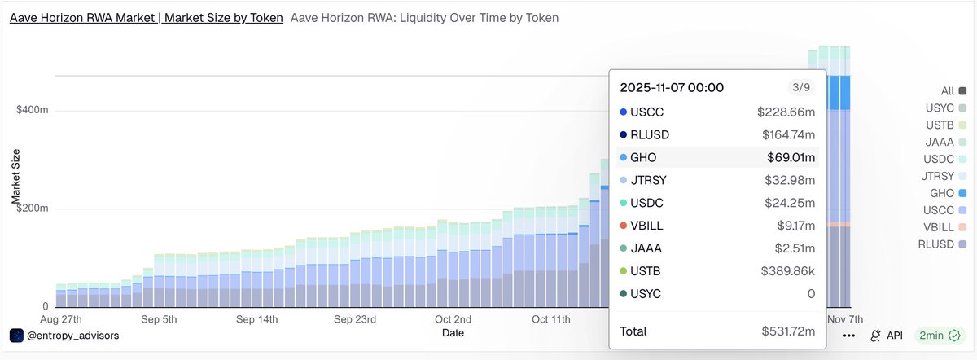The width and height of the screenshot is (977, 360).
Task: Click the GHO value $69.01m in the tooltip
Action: click(791, 157)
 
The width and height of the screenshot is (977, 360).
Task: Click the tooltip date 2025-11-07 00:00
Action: click(672, 87)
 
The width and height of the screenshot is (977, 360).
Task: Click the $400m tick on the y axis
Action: click(33, 110)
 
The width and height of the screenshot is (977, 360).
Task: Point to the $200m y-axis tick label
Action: click(33, 209)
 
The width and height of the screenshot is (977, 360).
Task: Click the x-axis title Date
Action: click(453, 333)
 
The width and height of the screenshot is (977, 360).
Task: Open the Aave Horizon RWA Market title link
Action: click(147, 17)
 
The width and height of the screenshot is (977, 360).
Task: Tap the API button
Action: click(887, 336)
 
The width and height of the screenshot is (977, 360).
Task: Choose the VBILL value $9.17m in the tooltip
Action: click(795, 225)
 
